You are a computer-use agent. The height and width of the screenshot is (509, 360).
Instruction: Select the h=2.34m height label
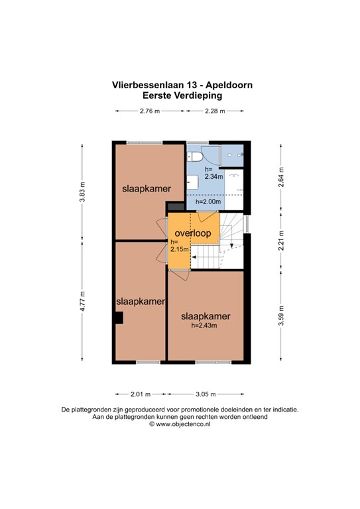213,173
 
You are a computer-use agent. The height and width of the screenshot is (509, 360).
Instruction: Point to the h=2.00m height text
209,201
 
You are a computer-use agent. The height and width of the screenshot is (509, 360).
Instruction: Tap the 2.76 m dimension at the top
149,111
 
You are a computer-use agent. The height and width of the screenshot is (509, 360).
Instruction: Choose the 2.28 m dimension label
215,111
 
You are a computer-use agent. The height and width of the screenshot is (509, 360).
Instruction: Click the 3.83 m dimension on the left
83,192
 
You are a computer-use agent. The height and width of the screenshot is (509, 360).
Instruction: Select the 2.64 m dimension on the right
280,178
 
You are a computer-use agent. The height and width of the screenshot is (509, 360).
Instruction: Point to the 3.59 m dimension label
280,313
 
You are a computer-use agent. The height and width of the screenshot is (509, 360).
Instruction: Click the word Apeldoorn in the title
223,85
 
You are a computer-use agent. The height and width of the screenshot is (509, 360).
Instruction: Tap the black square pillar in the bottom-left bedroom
118,319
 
